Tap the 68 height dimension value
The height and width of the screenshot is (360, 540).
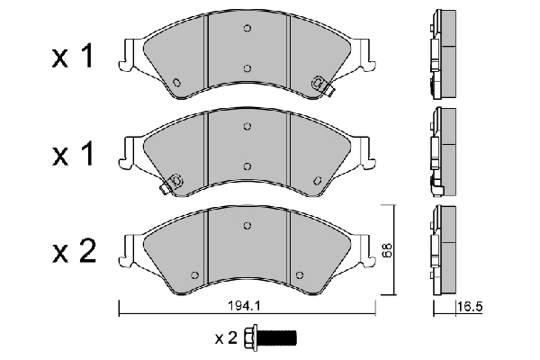(388, 253)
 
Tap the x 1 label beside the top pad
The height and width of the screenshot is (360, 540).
(73, 58)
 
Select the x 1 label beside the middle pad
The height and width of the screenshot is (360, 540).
(73, 155)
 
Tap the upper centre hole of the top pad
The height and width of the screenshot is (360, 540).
(247, 29)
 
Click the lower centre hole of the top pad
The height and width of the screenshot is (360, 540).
(247, 67)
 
